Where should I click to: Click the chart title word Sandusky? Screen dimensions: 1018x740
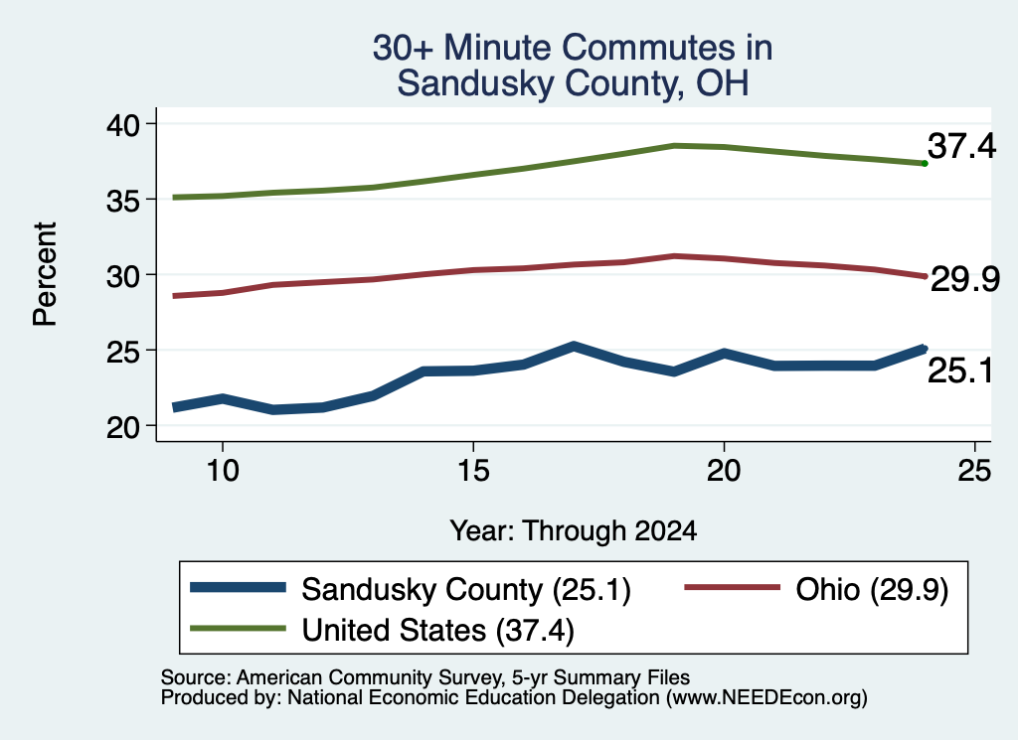click(x=475, y=83)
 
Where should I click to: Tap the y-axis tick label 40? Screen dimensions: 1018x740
click(x=123, y=124)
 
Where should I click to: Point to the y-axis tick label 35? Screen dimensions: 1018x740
click(x=123, y=201)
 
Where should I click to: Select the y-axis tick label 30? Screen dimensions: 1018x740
click(x=123, y=275)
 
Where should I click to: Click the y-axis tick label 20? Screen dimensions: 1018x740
click(x=123, y=427)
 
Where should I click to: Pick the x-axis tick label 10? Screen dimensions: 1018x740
click(x=223, y=470)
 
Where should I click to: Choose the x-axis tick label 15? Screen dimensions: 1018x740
click(x=473, y=470)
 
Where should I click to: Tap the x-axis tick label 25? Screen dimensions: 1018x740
click(x=974, y=470)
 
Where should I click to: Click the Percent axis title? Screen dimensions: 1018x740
click(x=45, y=274)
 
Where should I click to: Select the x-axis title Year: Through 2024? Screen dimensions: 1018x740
click(x=574, y=530)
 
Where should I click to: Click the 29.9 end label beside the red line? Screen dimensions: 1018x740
click(x=965, y=279)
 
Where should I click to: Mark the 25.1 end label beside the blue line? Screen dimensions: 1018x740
click(x=960, y=370)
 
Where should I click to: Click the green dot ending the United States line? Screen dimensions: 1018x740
click(x=925, y=164)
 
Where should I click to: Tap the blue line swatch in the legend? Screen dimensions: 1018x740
click(x=238, y=588)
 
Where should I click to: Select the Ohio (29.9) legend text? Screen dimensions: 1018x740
click(x=872, y=590)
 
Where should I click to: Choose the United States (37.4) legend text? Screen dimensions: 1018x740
click(x=438, y=631)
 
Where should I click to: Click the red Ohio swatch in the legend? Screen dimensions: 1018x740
click(x=733, y=588)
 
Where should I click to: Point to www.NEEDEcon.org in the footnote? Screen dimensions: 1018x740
click(x=766, y=698)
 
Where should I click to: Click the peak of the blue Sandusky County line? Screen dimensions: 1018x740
click(x=574, y=347)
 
